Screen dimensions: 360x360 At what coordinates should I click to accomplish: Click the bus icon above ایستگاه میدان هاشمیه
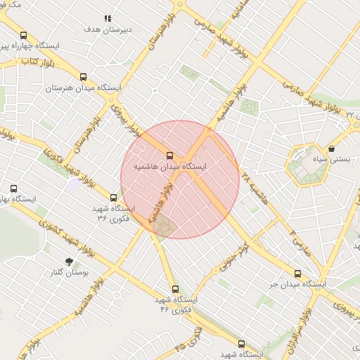pyautogui.click(x=169, y=155)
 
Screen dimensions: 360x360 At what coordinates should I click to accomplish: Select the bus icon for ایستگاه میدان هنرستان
pyautogui.click(x=84, y=77)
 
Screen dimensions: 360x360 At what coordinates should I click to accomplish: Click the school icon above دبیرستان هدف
pyautogui.click(x=108, y=18)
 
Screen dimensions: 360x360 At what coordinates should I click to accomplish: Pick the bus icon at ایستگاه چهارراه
pyautogui.click(x=24, y=35)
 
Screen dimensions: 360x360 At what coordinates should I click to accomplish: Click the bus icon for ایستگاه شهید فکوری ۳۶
pyautogui.click(x=114, y=198)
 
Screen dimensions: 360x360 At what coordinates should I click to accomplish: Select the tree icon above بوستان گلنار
pyautogui.click(x=69, y=262)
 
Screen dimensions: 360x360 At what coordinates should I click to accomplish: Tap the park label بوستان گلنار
pyautogui.click(x=69, y=273)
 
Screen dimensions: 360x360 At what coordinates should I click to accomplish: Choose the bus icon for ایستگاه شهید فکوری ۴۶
pyautogui.click(x=175, y=289)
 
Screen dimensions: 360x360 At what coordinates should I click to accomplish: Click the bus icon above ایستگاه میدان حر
pyautogui.click(x=297, y=274)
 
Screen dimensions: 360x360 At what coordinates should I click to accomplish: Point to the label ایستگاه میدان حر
pyautogui.click(x=295, y=285)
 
